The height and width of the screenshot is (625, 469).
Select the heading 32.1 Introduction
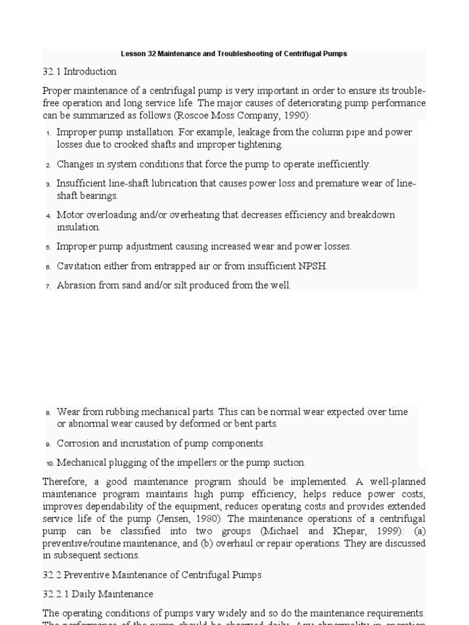coord(79,71)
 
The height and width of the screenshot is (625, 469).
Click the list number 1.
coord(48,133)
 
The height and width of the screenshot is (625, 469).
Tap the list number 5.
coord(48,247)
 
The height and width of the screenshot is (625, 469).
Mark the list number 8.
coord(48,413)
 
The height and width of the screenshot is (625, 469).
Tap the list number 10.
coord(49,463)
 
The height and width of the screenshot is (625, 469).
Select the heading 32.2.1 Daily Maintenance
coord(98,594)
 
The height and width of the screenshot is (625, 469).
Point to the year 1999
coord(382,531)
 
